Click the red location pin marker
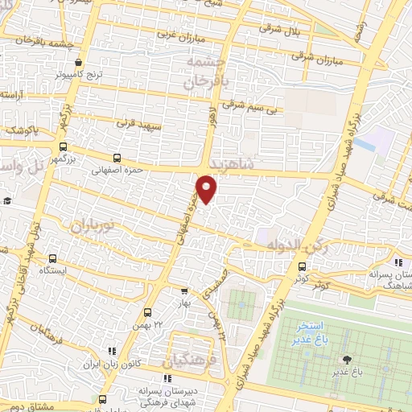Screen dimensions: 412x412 [207, 188]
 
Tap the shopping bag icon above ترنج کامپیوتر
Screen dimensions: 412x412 [77, 63]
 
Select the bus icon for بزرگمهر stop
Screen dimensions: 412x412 [63, 146]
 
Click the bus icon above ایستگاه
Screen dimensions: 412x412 [52, 259]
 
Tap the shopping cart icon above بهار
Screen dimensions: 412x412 [184, 291]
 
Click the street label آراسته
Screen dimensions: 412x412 [11, 94]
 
